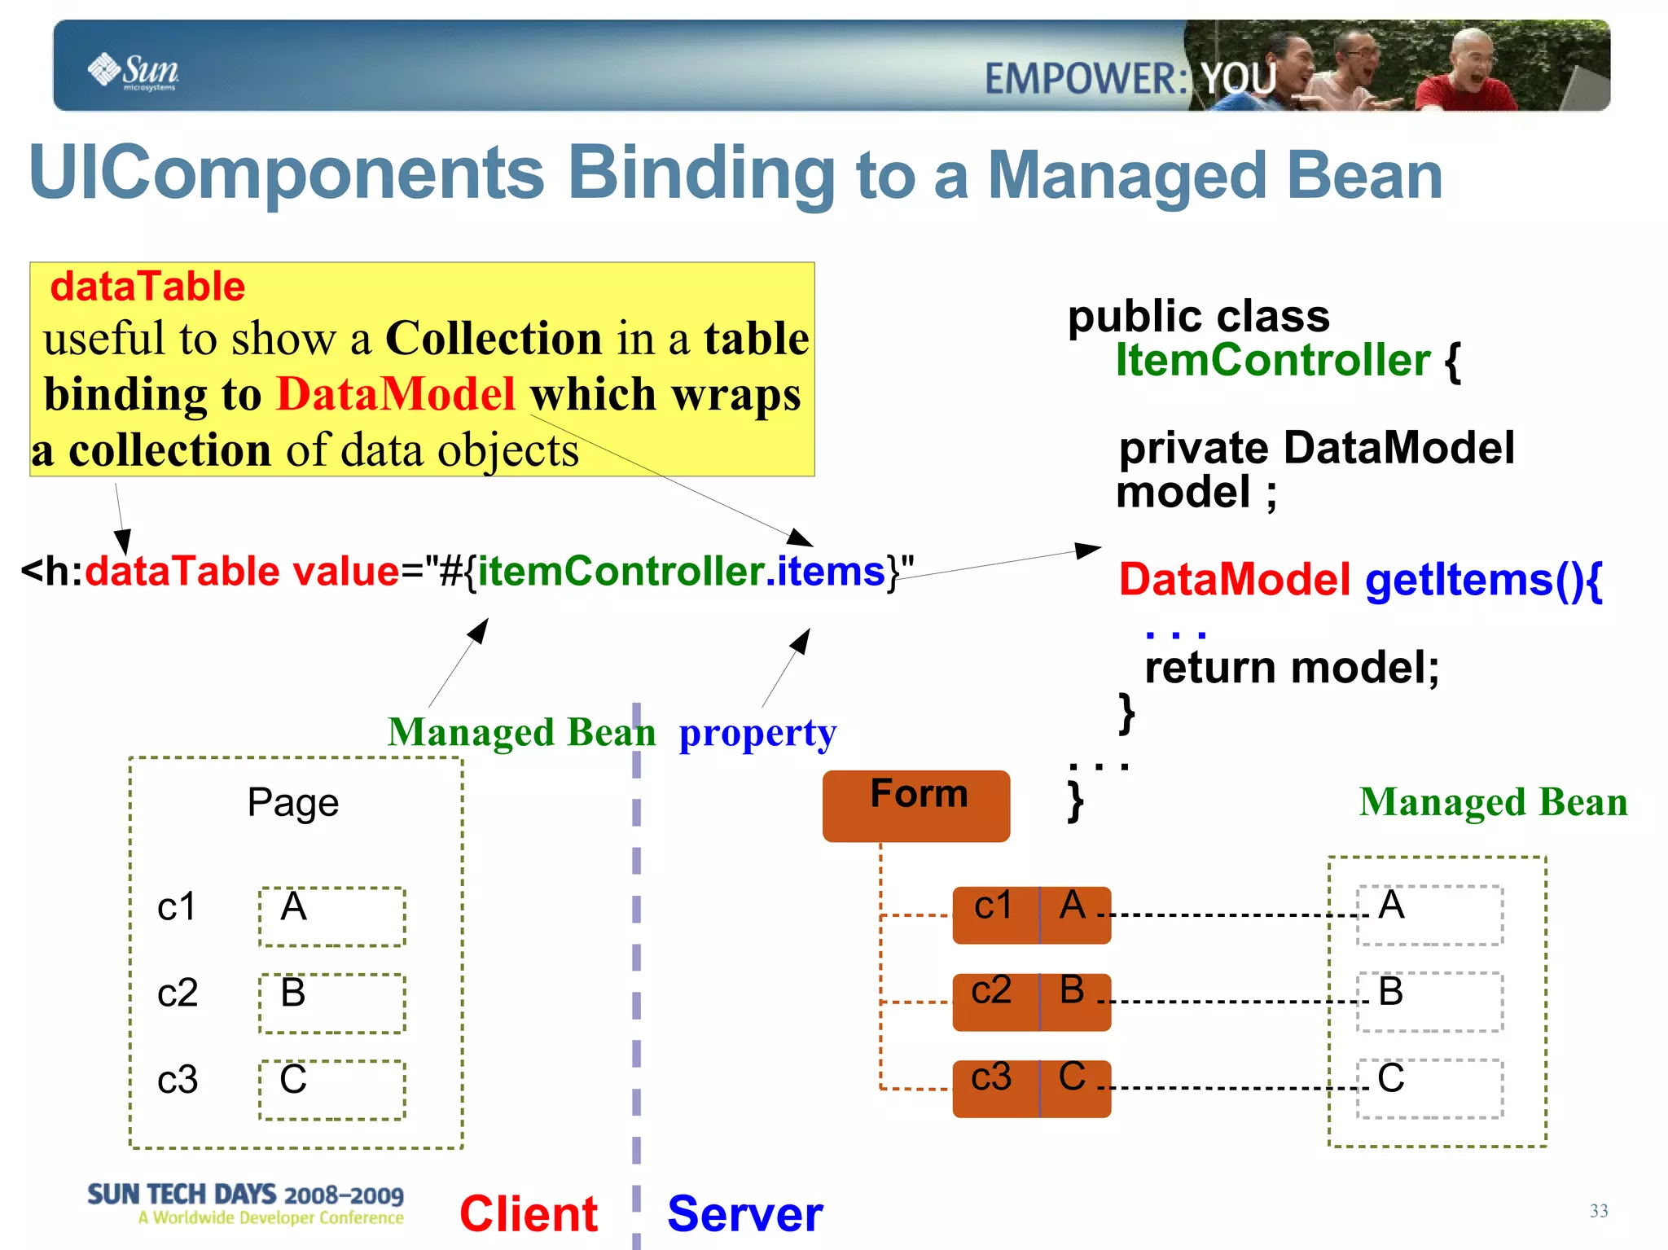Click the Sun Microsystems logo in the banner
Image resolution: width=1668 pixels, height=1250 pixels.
[134, 71]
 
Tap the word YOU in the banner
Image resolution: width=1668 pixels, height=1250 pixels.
[1238, 79]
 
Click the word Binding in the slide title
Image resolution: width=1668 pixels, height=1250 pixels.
[701, 173]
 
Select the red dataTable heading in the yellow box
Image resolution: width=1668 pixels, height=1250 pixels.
[147, 287]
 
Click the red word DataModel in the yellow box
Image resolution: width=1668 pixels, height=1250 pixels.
[396, 394]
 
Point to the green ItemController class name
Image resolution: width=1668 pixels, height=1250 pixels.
[1272, 360]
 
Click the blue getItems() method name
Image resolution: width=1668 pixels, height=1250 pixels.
[1482, 580]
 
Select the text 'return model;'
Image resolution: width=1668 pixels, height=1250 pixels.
[1292, 668]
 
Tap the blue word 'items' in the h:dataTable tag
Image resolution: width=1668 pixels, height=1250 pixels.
[831, 571]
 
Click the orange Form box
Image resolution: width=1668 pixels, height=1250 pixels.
[916, 805]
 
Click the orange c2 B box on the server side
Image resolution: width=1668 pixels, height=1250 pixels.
[1031, 1002]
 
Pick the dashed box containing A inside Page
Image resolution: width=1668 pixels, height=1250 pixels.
[332, 916]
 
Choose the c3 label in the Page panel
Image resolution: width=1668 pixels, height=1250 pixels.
[177, 1080]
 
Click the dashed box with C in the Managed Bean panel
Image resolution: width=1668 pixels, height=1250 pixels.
[1429, 1088]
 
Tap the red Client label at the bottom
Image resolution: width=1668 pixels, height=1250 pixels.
[529, 1213]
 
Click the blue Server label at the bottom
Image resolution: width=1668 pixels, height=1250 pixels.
[744, 1213]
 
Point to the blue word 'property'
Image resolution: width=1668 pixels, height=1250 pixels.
[757, 733]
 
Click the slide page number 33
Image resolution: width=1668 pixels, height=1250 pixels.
[1598, 1211]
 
